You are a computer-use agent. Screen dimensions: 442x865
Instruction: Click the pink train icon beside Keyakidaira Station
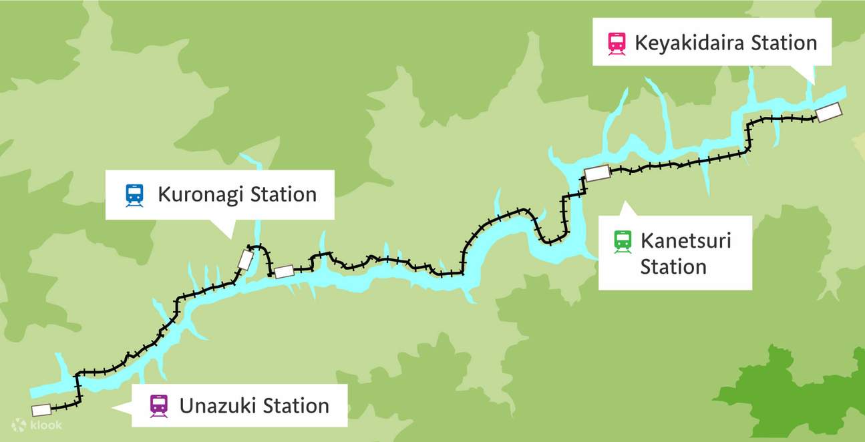coord(617,43)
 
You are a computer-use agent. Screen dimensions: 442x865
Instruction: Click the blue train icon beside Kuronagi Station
coord(134,195)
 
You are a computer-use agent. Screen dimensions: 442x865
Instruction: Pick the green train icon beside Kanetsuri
coord(623,240)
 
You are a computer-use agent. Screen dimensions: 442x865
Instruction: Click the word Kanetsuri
coord(685,240)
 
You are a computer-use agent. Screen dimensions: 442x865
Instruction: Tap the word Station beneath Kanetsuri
coord(673,267)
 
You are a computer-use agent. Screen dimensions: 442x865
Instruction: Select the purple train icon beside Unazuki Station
coord(159,405)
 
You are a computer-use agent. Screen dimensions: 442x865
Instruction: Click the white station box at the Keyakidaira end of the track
coord(828,112)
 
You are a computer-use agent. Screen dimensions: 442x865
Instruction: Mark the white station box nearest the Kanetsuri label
coord(597,174)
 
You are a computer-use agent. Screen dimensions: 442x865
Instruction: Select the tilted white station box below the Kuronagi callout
coord(246,259)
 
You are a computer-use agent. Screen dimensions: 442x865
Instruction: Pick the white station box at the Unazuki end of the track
coord(41,409)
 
